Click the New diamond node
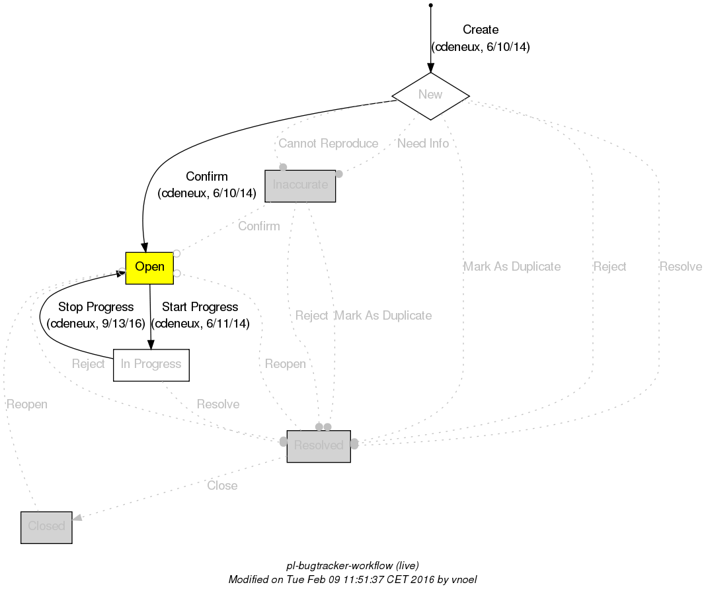tap(430, 95)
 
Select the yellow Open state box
tap(149, 267)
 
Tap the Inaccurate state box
tap(300, 185)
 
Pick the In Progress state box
tap(151, 365)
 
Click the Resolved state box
tap(318, 446)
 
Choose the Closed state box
tap(46, 527)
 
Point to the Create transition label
tap(481, 30)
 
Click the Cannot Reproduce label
tap(328, 144)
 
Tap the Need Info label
tap(422, 144)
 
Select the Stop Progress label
tap(96, 307)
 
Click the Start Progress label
tap(200, 307)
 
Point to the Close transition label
tap(222, 486)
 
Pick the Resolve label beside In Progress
tap(218, 404)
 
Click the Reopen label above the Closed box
tap(26, 404)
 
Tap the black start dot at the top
tap(430, 5)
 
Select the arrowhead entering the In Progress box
tap(151, 344)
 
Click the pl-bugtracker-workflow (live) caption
tap(352, 566)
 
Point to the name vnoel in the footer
tap(462, 579)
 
